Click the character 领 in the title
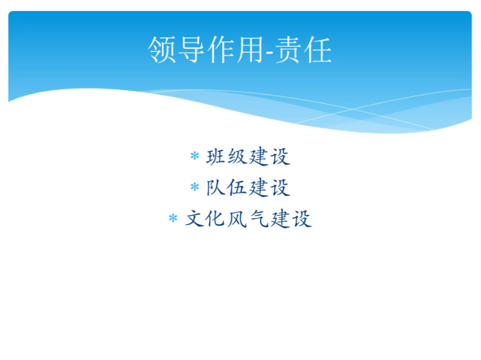(x=161, y=49)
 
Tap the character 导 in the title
(x=191, y=49)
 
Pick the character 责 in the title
(x=288, y=49)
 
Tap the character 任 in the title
(x=317, y=49)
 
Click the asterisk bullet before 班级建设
(x=195, y=156)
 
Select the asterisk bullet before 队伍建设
(x=195, y=187)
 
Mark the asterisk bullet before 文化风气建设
(x=173, y=218)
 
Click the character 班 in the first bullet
(x=216, y=157)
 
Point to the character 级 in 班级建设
(x=237, y=157)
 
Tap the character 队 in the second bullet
(x=216, y=188)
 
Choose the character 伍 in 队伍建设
(x=237, y=188)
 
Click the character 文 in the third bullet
(x=194, y=219)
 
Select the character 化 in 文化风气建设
(x=216, y=219)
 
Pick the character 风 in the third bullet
(x=237, y=219)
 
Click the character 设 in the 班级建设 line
(x=280, y=157)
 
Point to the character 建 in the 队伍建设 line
(x=259, y=188)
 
